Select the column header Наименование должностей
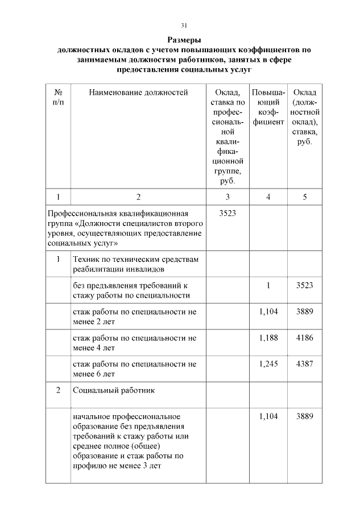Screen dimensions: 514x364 138,93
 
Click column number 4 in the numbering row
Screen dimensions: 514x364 268,197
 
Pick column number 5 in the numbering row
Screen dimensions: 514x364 305,197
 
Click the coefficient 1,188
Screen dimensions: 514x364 268,338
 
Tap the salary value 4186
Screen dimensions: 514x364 305,338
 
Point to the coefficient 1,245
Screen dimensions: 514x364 268,364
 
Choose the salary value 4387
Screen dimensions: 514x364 305,364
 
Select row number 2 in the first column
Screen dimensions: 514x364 57,391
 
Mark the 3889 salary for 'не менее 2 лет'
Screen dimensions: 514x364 305,312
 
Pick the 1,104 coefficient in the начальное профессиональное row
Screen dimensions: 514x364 268,416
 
